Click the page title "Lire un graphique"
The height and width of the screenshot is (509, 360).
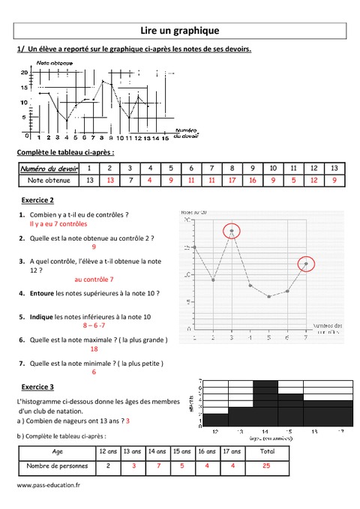(179, 31)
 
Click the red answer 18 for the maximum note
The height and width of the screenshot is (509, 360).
(94, 349)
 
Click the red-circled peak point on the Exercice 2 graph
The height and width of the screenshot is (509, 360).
(232, 231)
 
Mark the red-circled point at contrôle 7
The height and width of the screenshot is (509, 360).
(305, 264)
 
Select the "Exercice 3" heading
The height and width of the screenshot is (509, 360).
(37, 387)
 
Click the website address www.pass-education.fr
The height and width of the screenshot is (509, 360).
(48, 485)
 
